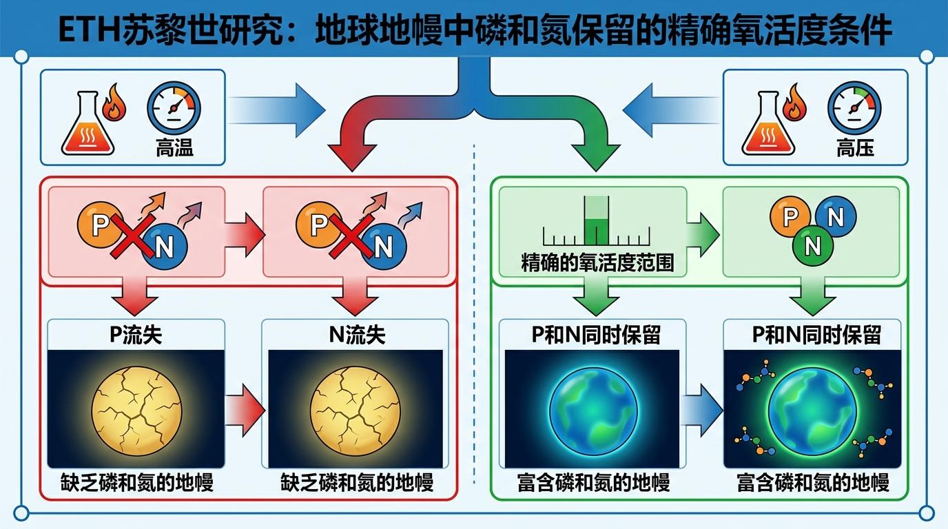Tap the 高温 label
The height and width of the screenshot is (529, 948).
point(174,147)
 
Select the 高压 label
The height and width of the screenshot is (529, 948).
point(856,147)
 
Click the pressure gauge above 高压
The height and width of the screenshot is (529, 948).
point(854,109)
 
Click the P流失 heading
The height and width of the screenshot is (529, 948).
point(136,335)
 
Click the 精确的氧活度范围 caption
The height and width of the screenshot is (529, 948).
point(597,262)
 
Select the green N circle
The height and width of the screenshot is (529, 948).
point(813,245)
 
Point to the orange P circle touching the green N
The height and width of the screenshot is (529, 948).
point(791,216)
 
